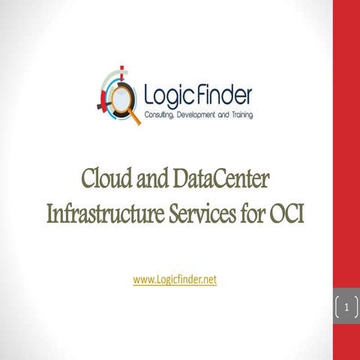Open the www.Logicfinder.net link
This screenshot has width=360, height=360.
[175, 279]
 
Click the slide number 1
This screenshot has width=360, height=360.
[346, 306]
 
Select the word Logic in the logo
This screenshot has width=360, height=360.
[166, 95]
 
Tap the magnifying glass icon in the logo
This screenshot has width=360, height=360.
[121, 95]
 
